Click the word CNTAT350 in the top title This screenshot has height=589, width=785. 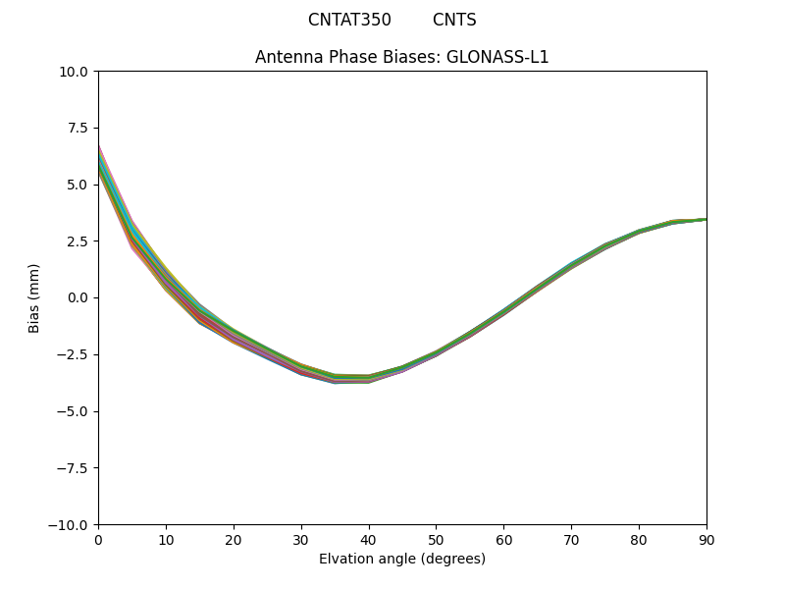349,20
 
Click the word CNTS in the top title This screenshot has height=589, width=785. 454,20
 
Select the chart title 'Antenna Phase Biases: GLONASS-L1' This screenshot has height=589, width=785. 401,57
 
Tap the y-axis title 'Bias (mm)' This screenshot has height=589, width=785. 34,297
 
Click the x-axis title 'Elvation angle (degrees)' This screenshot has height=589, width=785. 401,559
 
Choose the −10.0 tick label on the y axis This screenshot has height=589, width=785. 71,524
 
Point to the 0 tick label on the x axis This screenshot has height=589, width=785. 98,539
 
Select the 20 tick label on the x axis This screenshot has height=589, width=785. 234,539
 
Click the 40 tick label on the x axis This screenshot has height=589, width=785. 369,539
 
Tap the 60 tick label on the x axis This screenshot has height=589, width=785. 503,539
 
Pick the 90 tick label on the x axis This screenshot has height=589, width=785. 706,539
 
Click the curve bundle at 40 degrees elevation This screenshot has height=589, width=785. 369,378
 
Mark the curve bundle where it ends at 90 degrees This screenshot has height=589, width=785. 705,219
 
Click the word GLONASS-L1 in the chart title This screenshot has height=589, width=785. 497,57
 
